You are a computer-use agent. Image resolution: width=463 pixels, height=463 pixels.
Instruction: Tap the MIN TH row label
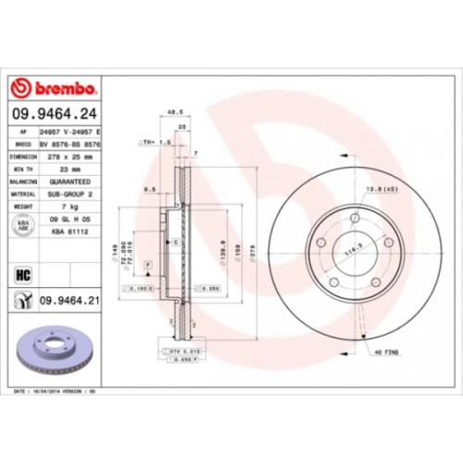point(20,170)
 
